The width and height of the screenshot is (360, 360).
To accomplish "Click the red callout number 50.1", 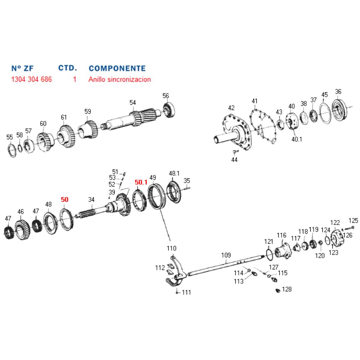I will tap(141, 182).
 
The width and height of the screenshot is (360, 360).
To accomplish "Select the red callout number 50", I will tap(65, 200).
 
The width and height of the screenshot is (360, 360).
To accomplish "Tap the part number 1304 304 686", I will tap(31, 80).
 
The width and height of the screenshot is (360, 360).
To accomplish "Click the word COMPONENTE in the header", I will tap(117, 68).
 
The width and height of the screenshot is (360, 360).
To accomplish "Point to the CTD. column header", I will tap(68, 68).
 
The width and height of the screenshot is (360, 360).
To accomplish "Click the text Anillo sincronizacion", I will tap(120, 80).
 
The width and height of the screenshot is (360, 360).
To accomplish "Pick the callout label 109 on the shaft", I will tap(226, 255).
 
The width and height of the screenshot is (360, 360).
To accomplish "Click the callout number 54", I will tap(133, 103).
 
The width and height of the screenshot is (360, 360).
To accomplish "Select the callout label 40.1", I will tap(297, 139).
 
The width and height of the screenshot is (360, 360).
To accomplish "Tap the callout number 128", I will tap(287, 289).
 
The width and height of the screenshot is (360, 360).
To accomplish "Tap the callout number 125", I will tap(353, 221).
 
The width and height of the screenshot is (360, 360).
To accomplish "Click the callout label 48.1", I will tap(174, 173).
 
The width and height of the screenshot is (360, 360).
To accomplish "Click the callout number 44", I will tap(234, 160).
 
